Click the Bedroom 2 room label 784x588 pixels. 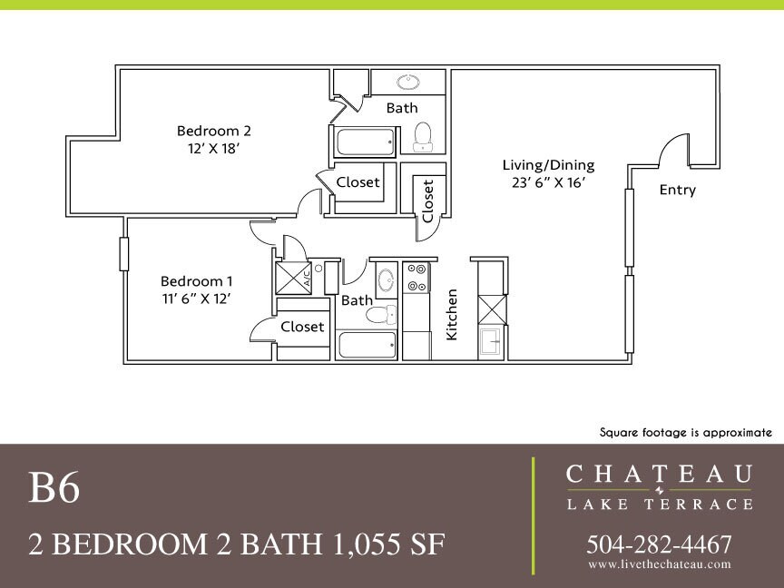(x=208, y=131)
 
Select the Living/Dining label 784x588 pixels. (x=548, y=165)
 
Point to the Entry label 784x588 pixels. (x=677, y=190)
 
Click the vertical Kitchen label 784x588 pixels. (x=452, y=314)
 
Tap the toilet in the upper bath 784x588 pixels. (x=422, y=138)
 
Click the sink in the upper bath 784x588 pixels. (x=408, y=83)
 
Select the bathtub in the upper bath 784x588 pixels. (x=366, y=142)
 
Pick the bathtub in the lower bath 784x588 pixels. (x=367, y=345)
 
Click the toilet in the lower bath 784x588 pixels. (x=380, y=315)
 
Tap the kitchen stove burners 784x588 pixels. (x=416, y=278)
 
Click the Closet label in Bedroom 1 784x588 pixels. (x=302, y=327)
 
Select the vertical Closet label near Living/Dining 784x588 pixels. (x=428, y=200)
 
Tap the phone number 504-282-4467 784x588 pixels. (x=659, y=544)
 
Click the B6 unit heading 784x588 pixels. (x=54, y=489)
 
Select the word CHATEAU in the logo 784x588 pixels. (x=659, y=474)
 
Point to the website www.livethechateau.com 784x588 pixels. (x=659, y=564)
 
